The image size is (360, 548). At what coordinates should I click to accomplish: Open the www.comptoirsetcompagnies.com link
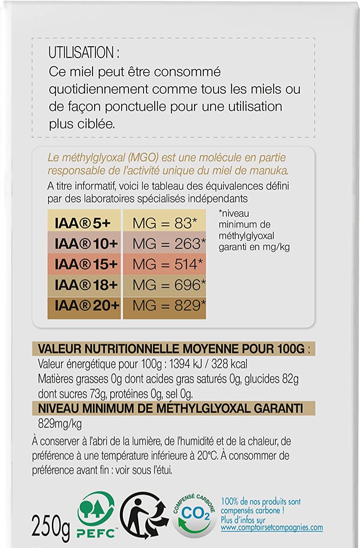click(x=272, y=528)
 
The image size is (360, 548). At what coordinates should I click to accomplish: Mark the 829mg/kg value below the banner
click(x=59, y=424)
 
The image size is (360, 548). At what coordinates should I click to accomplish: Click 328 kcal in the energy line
click(x=229, y=364)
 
